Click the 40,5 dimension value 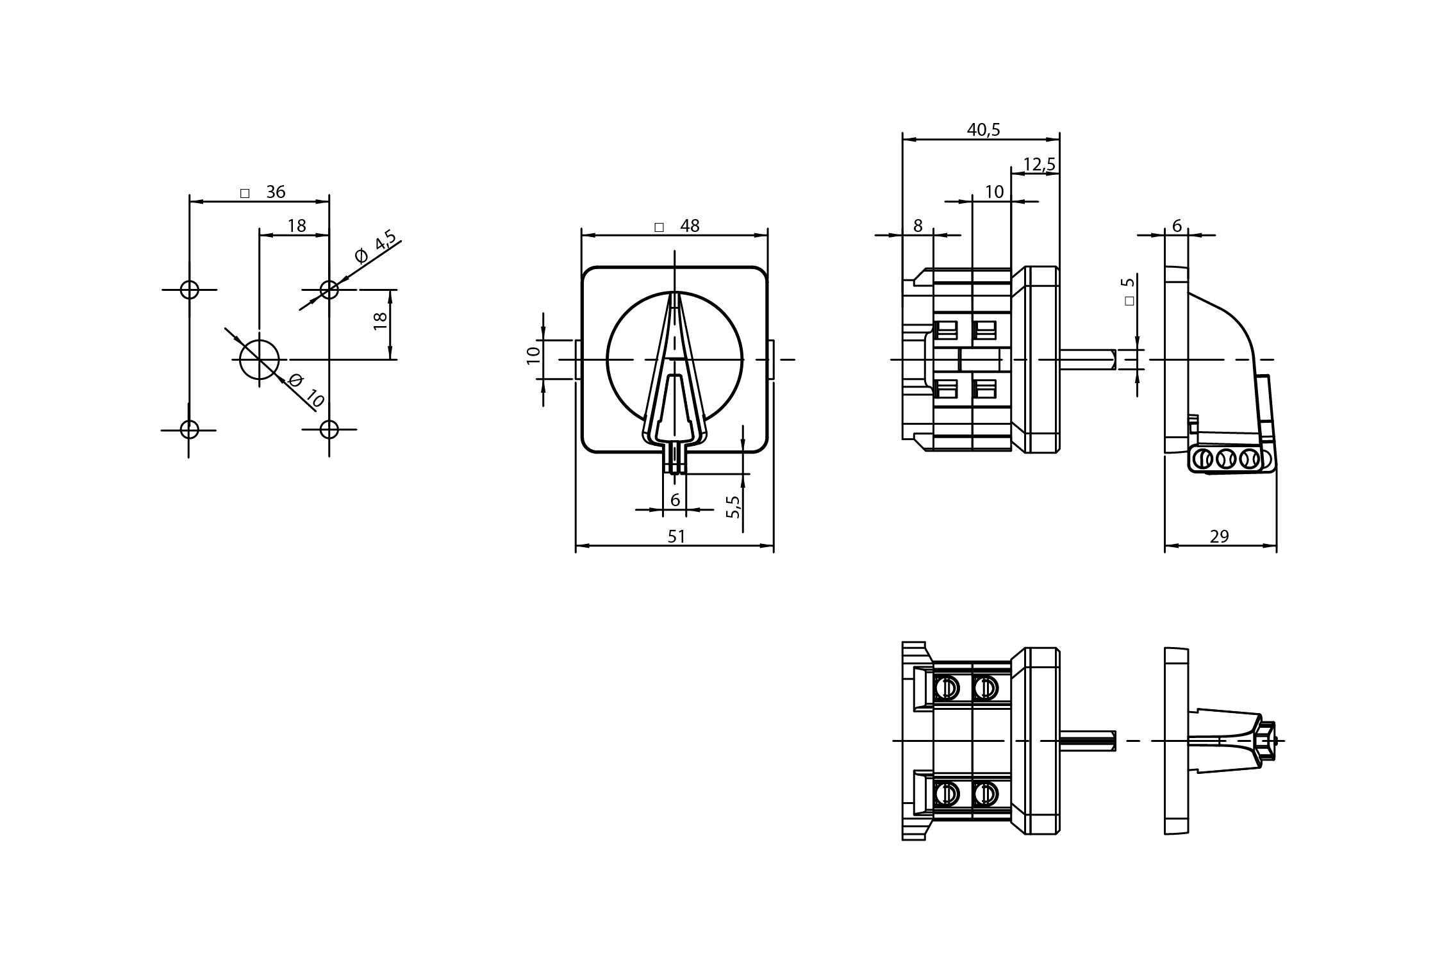click(x=983, y=130)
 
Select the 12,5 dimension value click(x=1039, y=165)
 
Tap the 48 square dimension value click(x=690, y=226)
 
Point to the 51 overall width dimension click(x=677, y=536)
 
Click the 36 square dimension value click(x=275, y=192)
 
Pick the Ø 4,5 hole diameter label click(x=376, y=249)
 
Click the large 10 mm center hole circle click(x=260, y=359)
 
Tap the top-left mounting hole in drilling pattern click(x=189, y=290)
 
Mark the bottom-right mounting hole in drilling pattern click(x=329, y=429)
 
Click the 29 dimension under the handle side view click(x=1219, y=536)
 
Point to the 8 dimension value click(x=918, y=226)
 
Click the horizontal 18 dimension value click(x=297, y=226)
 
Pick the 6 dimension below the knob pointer click(x=675, y=500)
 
